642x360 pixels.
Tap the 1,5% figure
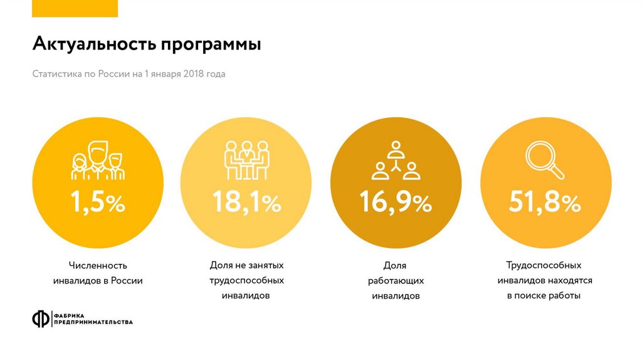click(97, 202)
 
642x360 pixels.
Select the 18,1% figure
click(246, 202)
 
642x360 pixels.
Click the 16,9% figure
click(395, 202)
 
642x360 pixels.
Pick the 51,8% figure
click(544, 202)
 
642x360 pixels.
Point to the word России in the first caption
click(127, 280)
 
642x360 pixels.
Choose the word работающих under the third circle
click(395, 280)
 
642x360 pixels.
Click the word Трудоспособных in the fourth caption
click(544, 265)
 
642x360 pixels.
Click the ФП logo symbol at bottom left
click(41, 319)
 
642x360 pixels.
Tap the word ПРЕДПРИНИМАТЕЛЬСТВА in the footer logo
click(93, 322)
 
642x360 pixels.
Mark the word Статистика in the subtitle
click(56, 74)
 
